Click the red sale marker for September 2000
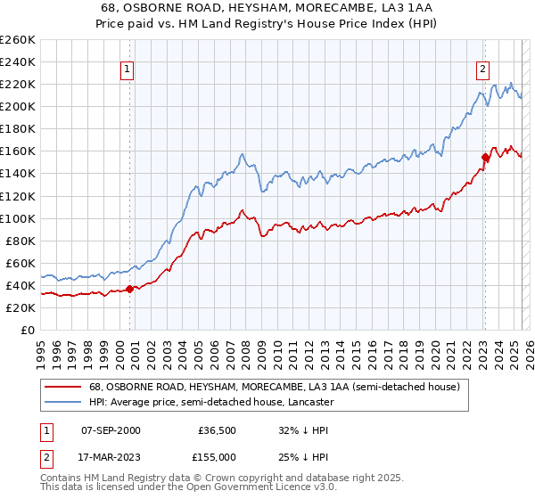tap(129, 288)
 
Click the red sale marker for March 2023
tap(485, 157)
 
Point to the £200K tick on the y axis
tap(18, 106)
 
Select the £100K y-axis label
tap(18, 218)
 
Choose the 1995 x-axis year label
tap(41, 348)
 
